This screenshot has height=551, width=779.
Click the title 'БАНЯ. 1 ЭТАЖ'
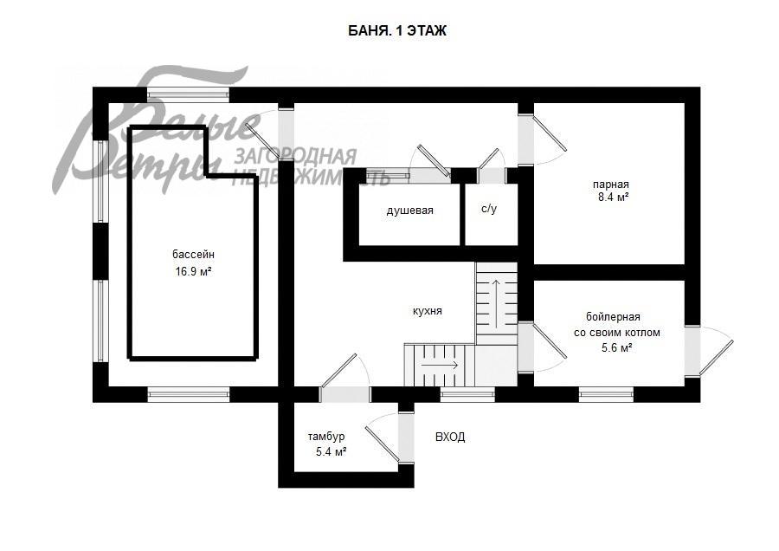click(397, 31)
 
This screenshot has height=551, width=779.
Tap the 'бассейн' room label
click(194, 255)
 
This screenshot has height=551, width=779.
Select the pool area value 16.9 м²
click(194, 271)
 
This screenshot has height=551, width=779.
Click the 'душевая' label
click(410, 211)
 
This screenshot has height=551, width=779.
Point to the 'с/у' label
click(489, 210)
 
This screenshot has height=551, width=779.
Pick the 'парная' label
click(610, 185)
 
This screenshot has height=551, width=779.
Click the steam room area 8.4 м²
click(614, 198)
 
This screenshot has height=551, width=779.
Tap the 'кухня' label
click(428, 312)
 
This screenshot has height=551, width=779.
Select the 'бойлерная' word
click(613, 317)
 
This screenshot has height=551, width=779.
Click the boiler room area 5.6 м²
click(617, 348)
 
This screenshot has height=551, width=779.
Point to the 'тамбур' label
click(326, 438)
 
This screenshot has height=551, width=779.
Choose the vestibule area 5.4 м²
click(331, 452)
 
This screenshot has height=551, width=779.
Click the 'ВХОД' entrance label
click(450, 438)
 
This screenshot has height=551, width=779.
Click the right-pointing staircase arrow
click(440, 365)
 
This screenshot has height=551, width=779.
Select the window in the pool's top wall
click(189, 94)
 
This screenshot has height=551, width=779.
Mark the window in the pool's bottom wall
click(189, 395)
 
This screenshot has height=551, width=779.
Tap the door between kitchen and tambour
click(344, 379)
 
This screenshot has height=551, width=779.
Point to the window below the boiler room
click(606, 395)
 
